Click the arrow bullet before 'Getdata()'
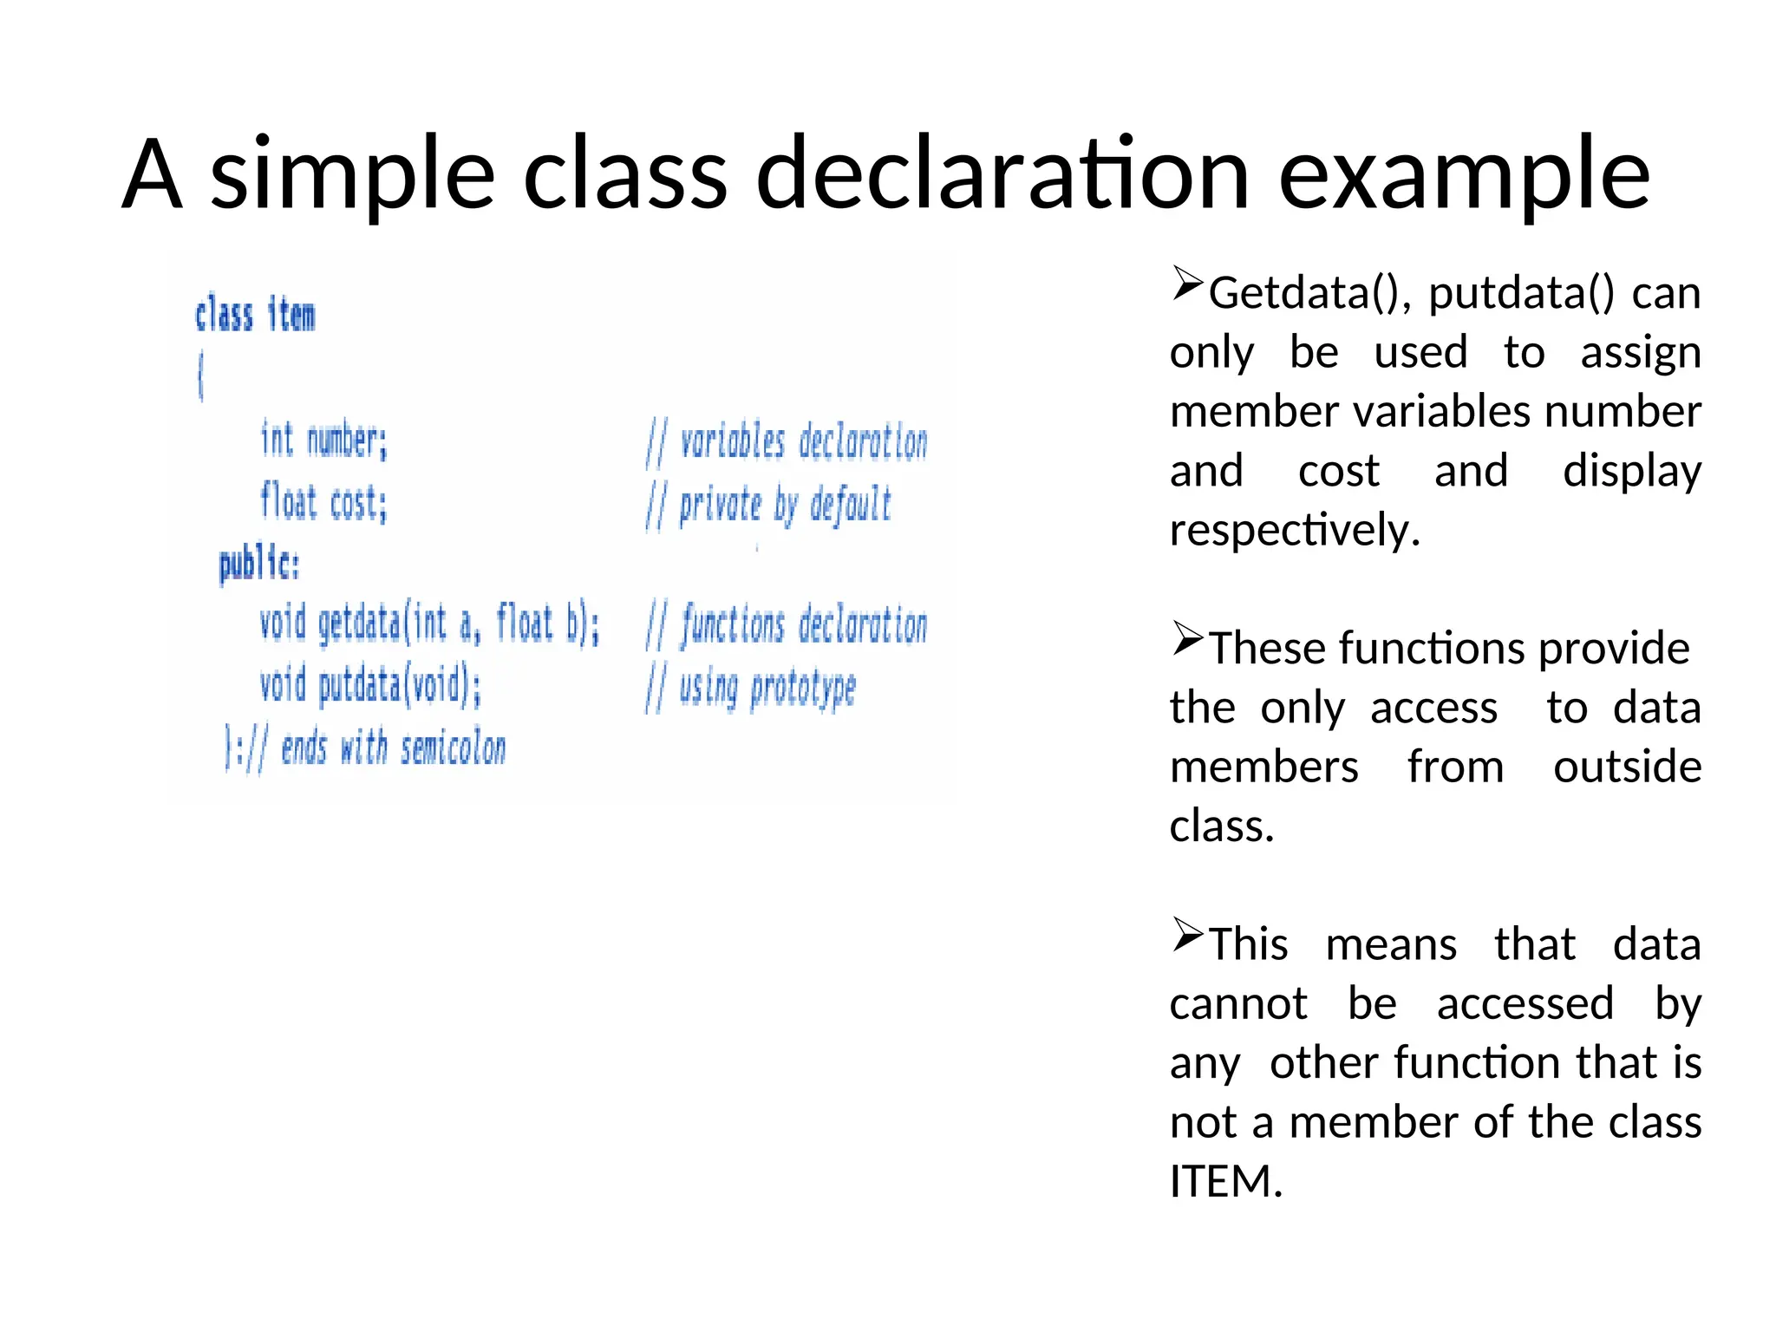pos(1187,284)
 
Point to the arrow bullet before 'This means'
pos(1187,934)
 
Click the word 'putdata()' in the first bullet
pos(1521,293)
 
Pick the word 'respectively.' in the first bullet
pos(1295,530)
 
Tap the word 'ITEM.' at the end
pos(1225,1181)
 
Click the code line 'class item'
pos(255,314)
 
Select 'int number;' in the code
pos(323,440)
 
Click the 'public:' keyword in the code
pos(259,565)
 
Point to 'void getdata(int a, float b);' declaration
pos(429,624)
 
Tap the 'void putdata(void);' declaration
pos(370,685)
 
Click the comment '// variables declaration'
pos(787,442)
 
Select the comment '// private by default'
pos(768,505)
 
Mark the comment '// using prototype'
pos(750,689)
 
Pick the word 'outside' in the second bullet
pos(1627,767)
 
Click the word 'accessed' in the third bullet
pos(1525,1004)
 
